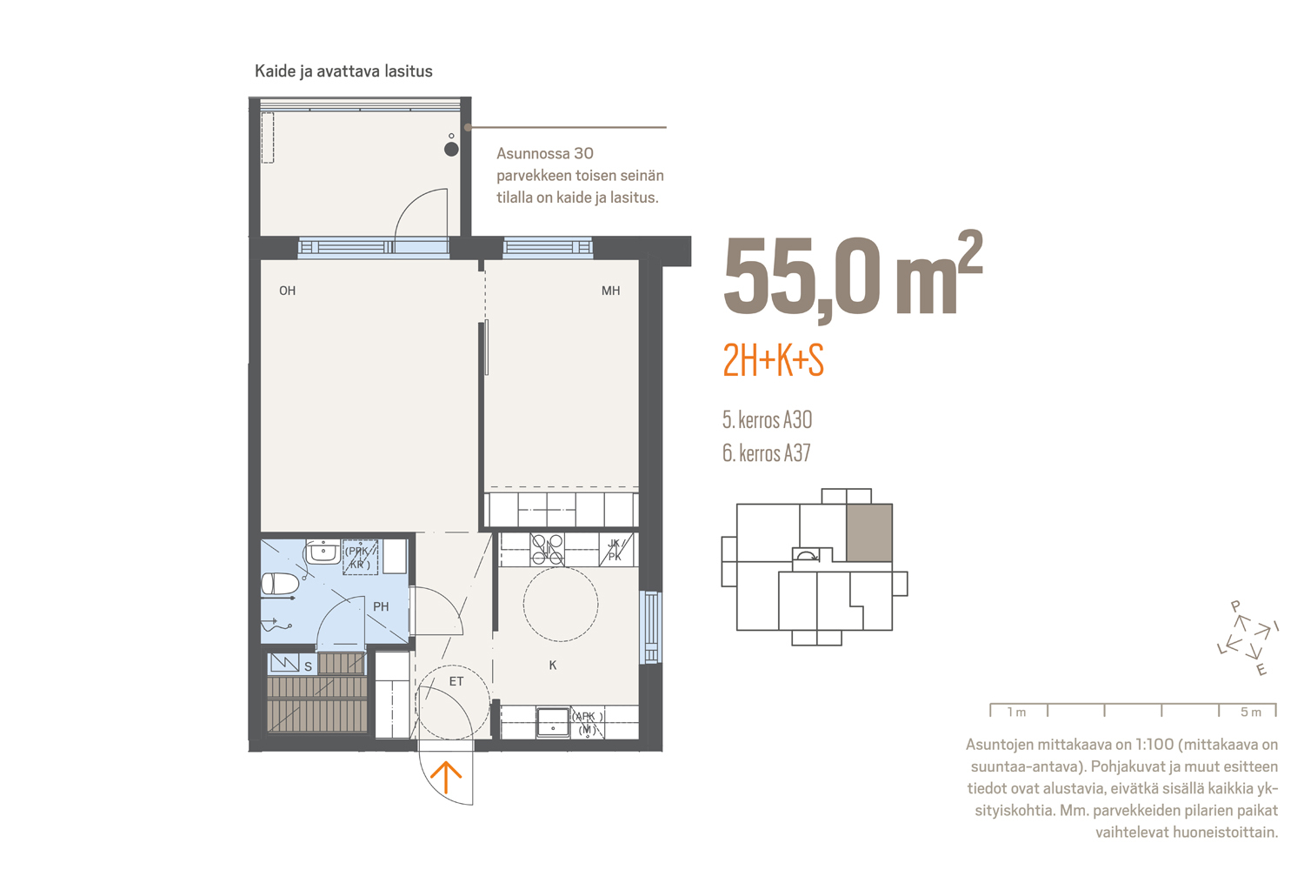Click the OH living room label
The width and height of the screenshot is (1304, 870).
click(287, 291)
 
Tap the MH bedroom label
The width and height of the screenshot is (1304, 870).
click(610, 291)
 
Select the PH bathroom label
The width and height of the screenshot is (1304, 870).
click(381, 606)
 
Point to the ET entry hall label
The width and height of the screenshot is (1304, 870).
click(456, 681)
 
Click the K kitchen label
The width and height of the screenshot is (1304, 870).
click(552, 665)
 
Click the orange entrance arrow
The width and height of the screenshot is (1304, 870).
click(446, 778)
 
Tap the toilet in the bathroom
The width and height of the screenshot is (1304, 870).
click(279, 583)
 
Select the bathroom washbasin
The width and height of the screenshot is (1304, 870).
click(323, 552)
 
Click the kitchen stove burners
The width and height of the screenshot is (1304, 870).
click(547, 550)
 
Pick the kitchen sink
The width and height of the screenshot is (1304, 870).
click(552, 723)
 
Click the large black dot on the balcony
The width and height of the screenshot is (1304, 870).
click(451, 149)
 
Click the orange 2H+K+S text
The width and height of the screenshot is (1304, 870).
click(773, 360)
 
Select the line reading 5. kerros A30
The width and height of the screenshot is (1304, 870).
click(768, 419)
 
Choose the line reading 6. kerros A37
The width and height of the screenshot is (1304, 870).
click(767, 452)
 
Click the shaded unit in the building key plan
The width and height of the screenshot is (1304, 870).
click(869, 532)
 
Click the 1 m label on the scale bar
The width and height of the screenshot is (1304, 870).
click(1016, 712)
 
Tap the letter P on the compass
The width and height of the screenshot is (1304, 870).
click(1235, 606)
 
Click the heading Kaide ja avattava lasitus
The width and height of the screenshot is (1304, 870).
click(343, 71)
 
